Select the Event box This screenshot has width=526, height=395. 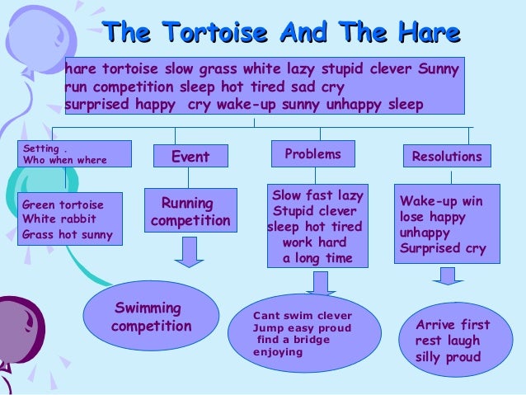tap(190, 156)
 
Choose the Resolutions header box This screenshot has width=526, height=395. tap(446, 156)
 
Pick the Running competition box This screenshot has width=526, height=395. tap(190, 212)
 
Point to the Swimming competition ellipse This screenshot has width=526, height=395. tap(152, 317)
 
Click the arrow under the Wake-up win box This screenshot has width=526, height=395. tap(446, 275)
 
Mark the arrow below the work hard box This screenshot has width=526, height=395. tap(318, 283)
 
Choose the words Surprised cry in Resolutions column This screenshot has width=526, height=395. tap(442, 248)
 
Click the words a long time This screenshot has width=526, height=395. tap(317, 258)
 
